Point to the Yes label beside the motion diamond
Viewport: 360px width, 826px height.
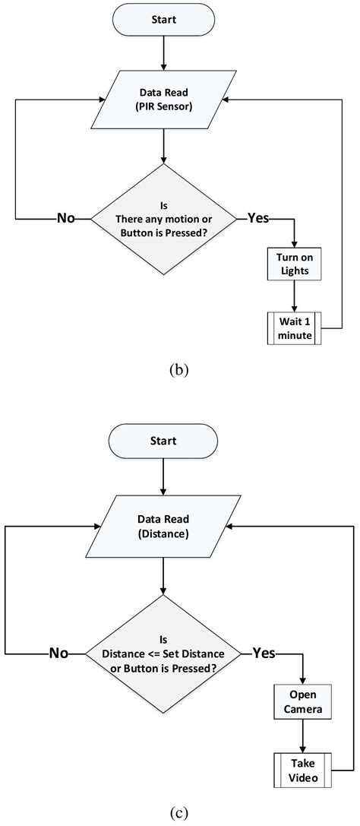click(x=257, y=218)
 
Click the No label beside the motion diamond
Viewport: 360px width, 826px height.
click(x=68, y=218)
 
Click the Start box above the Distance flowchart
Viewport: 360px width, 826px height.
click(x=163, y=441)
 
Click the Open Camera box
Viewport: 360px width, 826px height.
click(x=303, y=701)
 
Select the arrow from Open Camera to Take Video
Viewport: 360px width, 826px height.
click(x=303, y=736)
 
